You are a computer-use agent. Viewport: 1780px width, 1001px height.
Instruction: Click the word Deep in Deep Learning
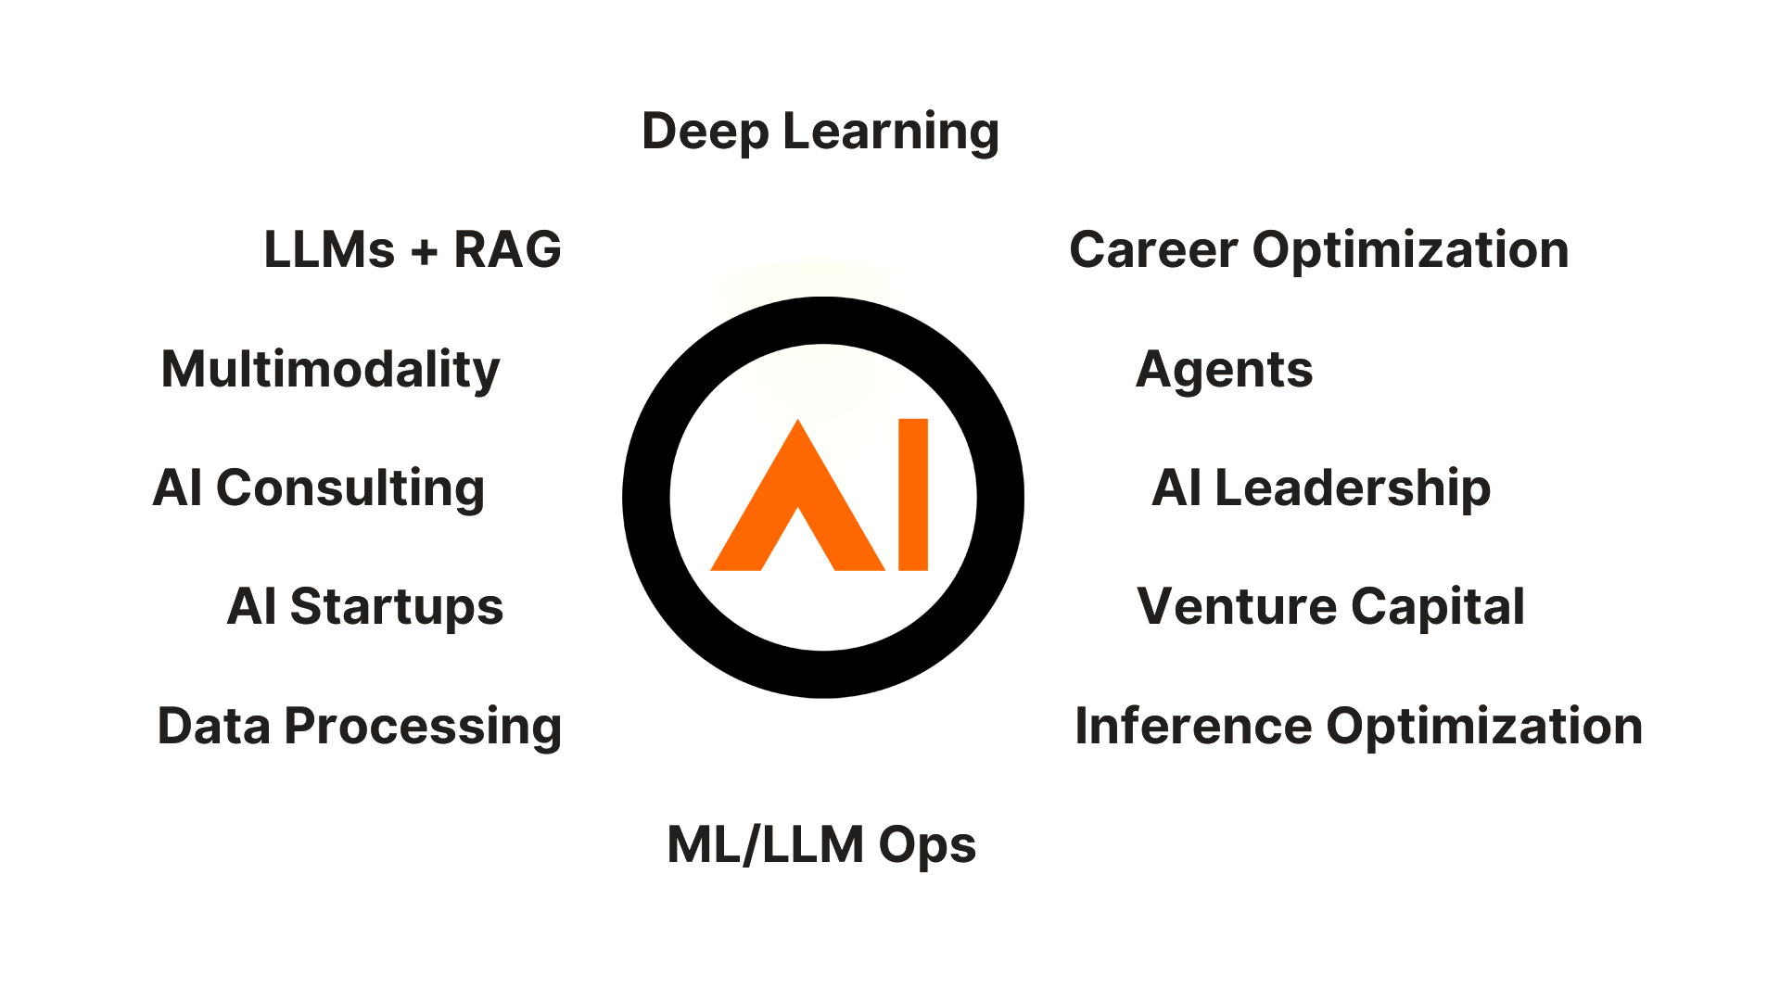tap(705, 133)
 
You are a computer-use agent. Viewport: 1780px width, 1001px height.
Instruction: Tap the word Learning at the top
tap(891, 133)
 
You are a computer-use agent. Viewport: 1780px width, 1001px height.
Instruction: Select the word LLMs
tap(329, 250)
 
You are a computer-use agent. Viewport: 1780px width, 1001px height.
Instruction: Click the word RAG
tap(507, 250)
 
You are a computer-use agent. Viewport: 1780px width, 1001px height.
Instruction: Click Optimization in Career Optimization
tap(1410, 250)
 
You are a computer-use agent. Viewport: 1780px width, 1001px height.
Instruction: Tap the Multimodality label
tap(330, 370)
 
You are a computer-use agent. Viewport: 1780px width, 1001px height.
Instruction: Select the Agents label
tap(1224, 370)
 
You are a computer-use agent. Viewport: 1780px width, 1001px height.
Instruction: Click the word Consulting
tap(350, 488)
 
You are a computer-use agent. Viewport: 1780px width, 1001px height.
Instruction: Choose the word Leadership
tap(1353, 488)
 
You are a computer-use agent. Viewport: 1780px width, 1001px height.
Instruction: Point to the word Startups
tap(396, 607)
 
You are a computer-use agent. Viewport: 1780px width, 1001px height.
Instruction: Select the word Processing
tap(423, 727)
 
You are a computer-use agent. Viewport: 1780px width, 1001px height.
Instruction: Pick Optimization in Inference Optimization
tap(1484, 727)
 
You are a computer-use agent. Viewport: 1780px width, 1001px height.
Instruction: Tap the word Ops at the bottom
tap(927, 845)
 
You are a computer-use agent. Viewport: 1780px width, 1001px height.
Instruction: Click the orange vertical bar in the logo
tap(913, 494)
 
